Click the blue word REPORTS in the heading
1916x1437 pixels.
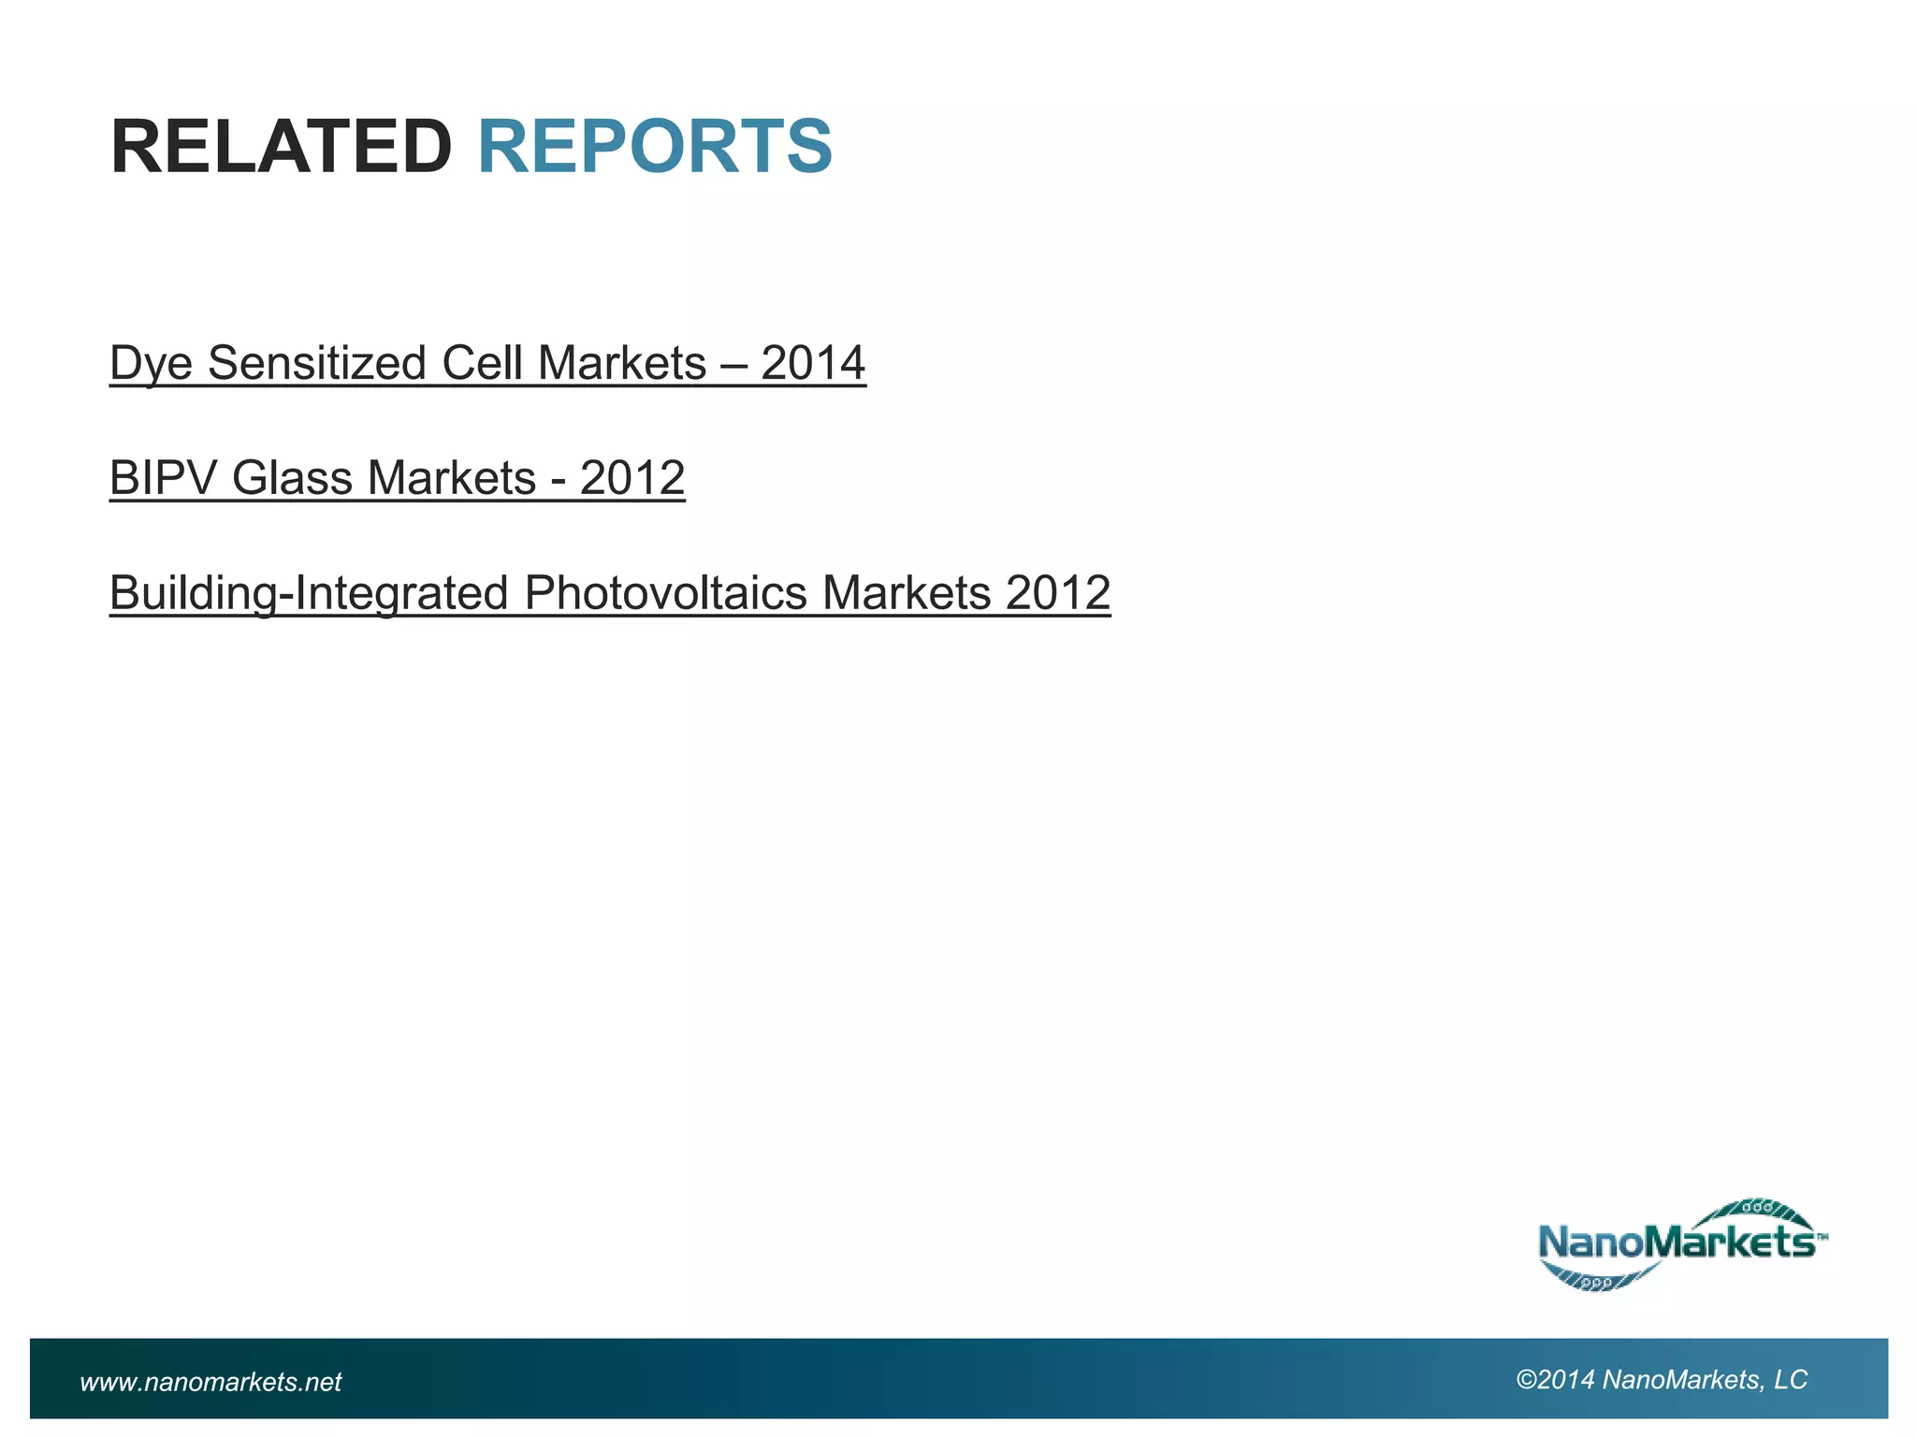[655, 147]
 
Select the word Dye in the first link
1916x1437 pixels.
[151, 364]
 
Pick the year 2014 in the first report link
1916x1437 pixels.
[813, 363]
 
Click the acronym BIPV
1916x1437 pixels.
[163, 478]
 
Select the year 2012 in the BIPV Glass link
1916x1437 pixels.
[632, 478]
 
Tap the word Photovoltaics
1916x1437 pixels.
[665, 593]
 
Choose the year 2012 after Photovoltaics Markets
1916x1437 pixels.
[1058, 593]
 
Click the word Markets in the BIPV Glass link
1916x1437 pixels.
[452, 478]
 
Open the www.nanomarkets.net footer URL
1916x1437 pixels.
[211, 1382]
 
